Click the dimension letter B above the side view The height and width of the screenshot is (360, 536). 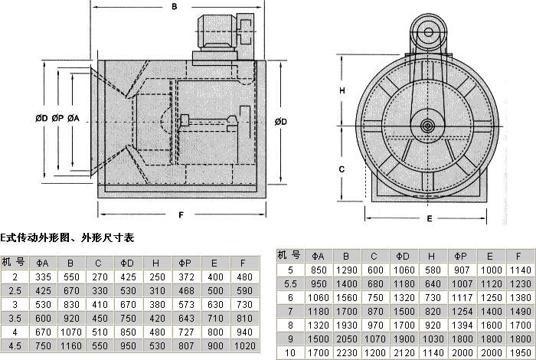coord(174,8)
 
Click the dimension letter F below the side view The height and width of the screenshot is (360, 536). coord(181,215)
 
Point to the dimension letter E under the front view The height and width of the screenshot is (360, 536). coord(430,218)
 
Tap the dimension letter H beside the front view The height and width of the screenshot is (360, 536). coord(343,90)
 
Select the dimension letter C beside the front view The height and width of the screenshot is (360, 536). coord(343,167)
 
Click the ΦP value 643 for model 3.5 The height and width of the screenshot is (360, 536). coord(186,318)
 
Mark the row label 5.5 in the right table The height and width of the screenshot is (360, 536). coord(289,283)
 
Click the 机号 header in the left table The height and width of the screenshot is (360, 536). coord(15,261)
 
